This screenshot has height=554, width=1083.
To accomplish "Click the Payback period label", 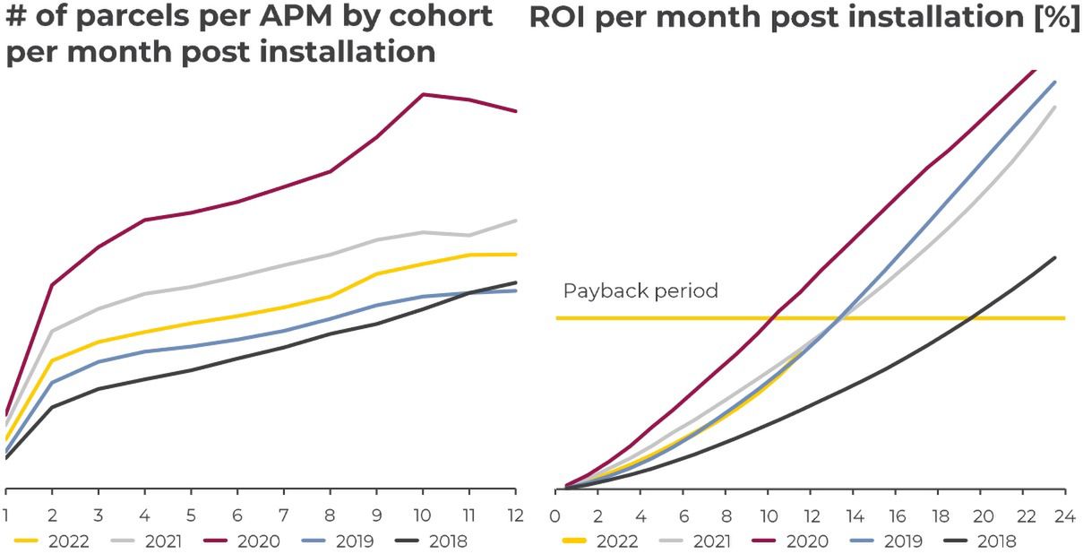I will coord(640,291).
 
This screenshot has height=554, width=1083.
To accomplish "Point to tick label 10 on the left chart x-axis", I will coord(423,516).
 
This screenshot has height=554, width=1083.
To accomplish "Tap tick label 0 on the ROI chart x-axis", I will coord(556,516).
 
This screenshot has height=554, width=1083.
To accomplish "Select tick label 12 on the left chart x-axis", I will coord(515,516).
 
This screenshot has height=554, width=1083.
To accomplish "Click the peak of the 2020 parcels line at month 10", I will coord(423,94).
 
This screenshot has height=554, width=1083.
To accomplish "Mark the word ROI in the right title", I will coord(557,18).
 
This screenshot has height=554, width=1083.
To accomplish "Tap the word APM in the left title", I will coord(242,16).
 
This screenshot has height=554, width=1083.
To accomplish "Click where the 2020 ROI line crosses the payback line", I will coord(773,317).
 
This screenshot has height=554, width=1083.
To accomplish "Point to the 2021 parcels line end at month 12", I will coord(515,221).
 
